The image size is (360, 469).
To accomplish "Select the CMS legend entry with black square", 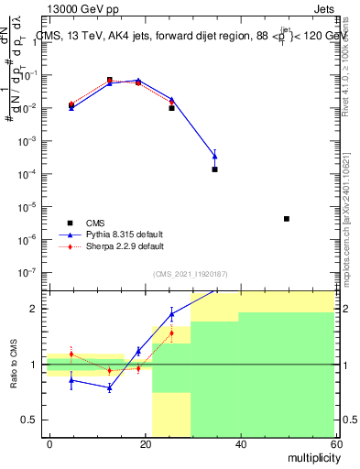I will pyautogui.click(x=96, y=223).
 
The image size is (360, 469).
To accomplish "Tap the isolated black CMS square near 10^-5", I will pyautogui.click(x=287, y=219).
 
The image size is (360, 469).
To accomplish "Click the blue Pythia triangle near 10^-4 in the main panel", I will pyautogui.click(x=214, y=156).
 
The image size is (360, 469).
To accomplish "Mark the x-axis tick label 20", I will pyautogui.click(x=145, y=442).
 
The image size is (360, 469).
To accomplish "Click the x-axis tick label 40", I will pyautogui.click(x=240, y=442).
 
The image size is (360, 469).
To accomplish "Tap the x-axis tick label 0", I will pyautogui.click(x=49, y=442).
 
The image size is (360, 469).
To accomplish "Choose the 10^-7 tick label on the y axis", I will pyautogui.click(x=27, y=272).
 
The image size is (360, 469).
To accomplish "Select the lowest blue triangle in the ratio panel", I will pyautogui.click(x=110, y=387).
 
